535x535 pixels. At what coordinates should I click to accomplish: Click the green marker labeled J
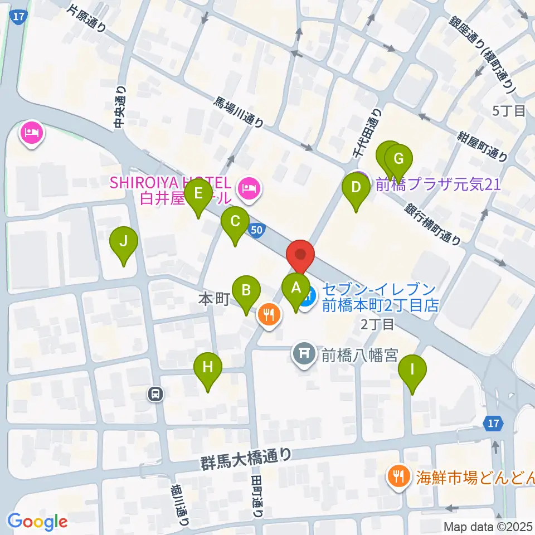(124, 242)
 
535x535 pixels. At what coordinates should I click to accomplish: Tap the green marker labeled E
(197, 195)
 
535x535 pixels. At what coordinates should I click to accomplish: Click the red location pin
(300, 255)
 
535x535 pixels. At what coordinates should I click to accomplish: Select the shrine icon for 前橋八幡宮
(304, 353)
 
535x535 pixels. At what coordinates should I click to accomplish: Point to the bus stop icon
(155, 395)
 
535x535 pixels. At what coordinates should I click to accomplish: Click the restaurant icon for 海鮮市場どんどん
(398, 476)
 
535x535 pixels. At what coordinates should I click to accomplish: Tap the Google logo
(38, 522)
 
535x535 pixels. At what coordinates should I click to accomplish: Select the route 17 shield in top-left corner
(18, 16)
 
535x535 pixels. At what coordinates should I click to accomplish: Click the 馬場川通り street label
(240, 112)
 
